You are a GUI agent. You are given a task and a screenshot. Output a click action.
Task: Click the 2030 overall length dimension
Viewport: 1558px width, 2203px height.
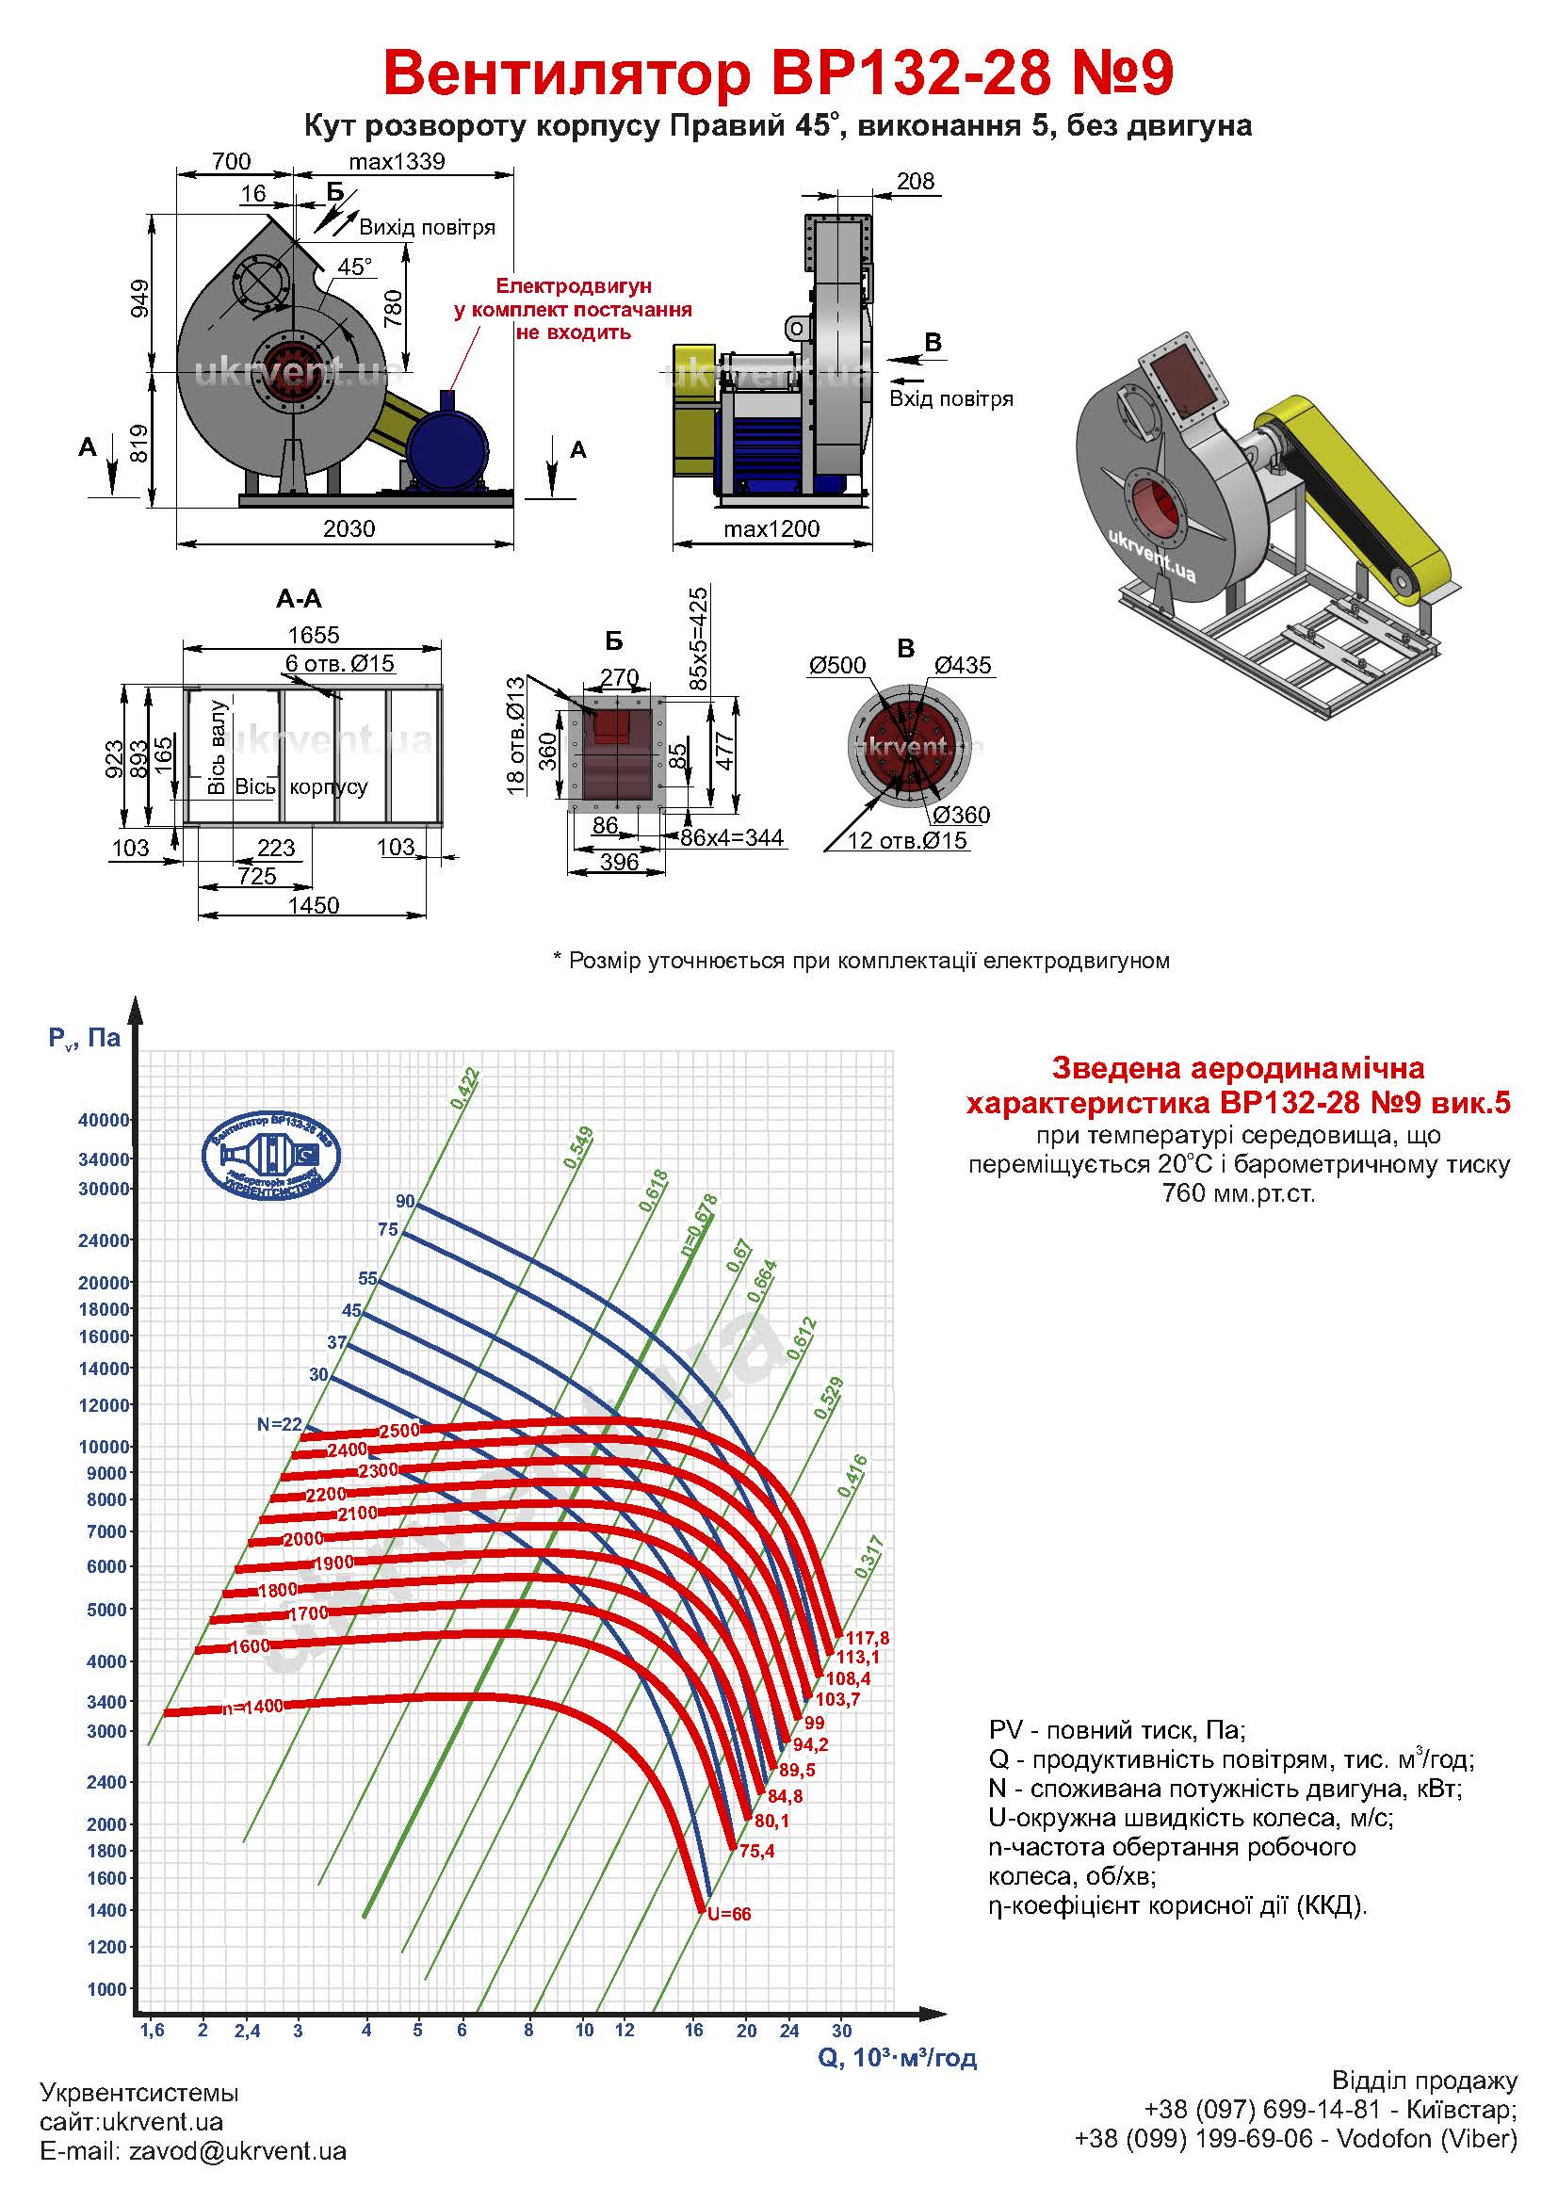click(x=349, y=528)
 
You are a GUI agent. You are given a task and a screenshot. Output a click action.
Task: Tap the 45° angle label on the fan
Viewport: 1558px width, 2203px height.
click(x=355, y=266)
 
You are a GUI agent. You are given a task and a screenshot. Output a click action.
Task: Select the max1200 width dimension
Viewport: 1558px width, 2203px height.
click(x=771, y=528)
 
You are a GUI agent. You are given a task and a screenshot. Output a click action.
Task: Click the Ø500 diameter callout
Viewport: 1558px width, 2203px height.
click(x=836, y=665)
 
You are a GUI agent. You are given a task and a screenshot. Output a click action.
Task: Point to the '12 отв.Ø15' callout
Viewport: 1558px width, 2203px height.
click(x=906, y=841)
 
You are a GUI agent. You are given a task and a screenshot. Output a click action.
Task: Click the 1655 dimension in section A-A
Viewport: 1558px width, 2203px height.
click(x=314, y=634)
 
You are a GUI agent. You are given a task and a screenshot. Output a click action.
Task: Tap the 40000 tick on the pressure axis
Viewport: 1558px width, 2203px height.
click(x=103, y=1120)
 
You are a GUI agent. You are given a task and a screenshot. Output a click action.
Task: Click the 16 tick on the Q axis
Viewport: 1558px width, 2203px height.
click(x=693, y=2030)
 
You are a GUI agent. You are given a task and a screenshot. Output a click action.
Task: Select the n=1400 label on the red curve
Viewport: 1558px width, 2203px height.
click(x=253, y=1707)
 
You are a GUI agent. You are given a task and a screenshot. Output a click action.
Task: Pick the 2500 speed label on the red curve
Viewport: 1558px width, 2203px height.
click(x=400, y=1430)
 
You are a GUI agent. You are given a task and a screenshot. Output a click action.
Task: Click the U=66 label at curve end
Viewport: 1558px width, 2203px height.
click(x=729, y=1914)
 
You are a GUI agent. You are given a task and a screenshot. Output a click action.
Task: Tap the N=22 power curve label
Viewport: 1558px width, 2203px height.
click(x=279, y=1425)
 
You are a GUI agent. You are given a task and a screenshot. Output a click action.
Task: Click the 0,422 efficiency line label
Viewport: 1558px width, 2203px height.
click(x=465, y=1089)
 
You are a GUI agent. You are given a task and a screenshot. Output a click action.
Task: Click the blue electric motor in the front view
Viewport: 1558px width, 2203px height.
click(x=446, y=449)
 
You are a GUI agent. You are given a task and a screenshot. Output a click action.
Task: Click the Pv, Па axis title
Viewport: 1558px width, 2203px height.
click(x=85, y=1037)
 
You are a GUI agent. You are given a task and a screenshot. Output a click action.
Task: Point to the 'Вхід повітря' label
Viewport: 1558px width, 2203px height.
click(x=950, y=398)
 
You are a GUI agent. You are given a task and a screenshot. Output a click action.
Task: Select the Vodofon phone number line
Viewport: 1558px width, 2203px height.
click(x=1295, y=2165)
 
